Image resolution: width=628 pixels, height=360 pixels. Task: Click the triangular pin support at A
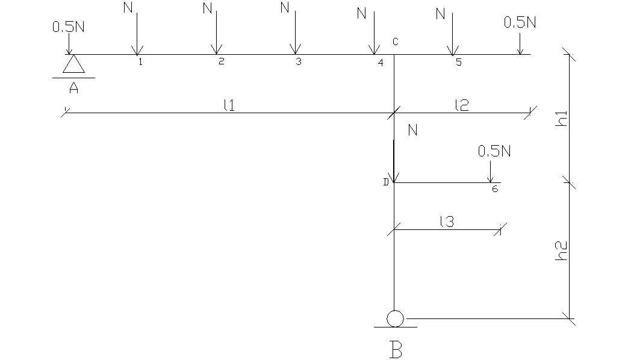(73, 64)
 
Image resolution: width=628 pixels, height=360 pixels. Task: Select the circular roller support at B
(395, 318)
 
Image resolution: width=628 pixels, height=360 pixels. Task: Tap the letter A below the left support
(73, 88)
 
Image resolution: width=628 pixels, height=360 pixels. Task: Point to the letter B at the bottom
(396, 349)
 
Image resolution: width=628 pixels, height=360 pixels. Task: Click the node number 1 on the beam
(140, 62)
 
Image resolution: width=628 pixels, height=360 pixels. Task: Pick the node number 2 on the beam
(221, 62)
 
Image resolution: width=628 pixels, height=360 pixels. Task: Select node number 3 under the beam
(298, 62)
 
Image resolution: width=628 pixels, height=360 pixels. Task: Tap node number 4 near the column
(380, 63)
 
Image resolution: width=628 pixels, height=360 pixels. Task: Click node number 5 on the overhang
(458, 62)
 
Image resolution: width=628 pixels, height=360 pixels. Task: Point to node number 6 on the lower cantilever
(494, 189)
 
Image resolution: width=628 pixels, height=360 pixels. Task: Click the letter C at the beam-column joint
(396, 42)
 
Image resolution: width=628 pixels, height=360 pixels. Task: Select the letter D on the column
(386, 182)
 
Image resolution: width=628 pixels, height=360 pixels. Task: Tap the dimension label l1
(229, 105)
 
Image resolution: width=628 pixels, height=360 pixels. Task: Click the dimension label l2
(462, 105)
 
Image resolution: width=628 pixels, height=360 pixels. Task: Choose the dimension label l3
(446, 221)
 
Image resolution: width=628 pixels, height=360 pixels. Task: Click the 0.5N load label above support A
(69, 26)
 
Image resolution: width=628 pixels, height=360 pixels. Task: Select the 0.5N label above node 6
(494, 151)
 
